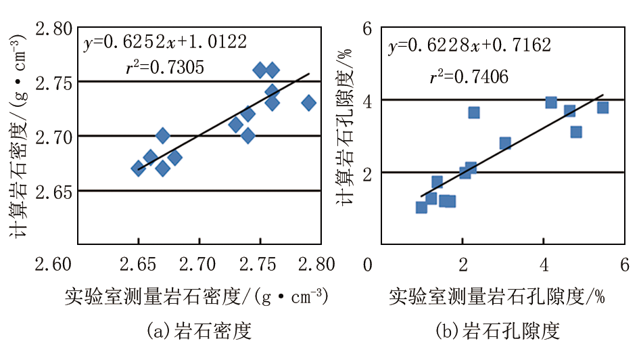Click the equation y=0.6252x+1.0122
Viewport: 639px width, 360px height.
(x=166, y=43)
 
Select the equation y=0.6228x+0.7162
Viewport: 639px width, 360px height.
(x=469, y=45)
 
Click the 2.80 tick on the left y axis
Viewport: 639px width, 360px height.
(x=52, y=29)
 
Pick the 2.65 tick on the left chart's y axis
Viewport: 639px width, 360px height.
(x=52, y=192)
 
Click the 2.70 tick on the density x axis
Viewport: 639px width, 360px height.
(x=199, y=263)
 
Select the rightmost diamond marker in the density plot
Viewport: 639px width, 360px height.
(x=309, y=103)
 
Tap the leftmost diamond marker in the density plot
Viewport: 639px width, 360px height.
(x=139, y=168)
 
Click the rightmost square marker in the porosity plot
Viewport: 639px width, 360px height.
(x=602, y=108)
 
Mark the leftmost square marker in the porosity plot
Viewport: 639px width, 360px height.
(x=421, y=207)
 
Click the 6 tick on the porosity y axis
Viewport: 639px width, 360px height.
(x=367, y=29)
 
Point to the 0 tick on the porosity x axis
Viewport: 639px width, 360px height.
(x=367, y=263)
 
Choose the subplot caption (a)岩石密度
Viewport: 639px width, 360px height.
(x=199, y=332)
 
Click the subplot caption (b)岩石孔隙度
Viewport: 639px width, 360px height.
(x=498, y=332)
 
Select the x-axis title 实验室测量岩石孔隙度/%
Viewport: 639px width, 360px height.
(x=496, y=296)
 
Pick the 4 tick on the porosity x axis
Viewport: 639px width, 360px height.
(x=544, y=263)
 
